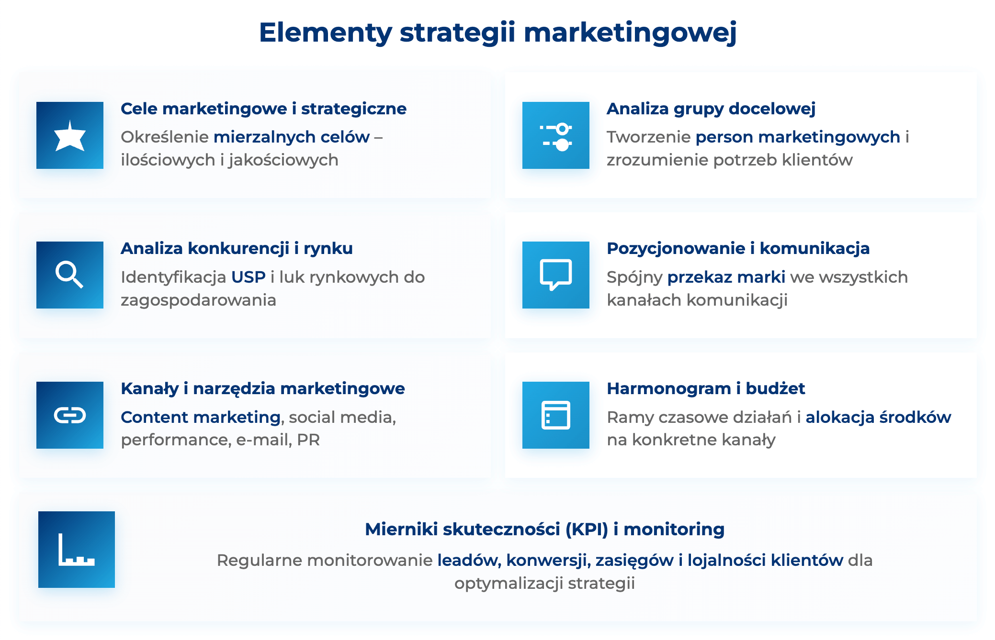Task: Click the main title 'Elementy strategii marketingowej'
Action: (497, 33)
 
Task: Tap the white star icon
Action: (70, 136)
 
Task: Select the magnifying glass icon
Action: (70, 275)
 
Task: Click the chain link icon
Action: (70, 415)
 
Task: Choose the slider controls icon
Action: (555, 136)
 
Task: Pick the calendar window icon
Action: (555, 415)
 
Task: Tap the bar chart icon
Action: (77, 550)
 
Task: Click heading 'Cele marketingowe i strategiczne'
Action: (263, 109)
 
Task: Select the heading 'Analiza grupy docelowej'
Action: (711, 109)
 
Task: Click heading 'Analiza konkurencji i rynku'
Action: (237, 249)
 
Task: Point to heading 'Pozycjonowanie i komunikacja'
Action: (738, 249)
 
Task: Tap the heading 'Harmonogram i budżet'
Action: (706, 388)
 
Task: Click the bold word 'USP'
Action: (248, 277)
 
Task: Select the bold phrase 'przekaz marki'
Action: (726, 277)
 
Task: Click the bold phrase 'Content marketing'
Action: (201, 417)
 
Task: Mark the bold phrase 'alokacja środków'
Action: (878, 417)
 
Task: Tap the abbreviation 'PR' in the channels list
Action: (308, 440)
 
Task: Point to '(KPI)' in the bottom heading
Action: (587, 530)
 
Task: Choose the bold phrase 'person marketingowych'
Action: (798, 137)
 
